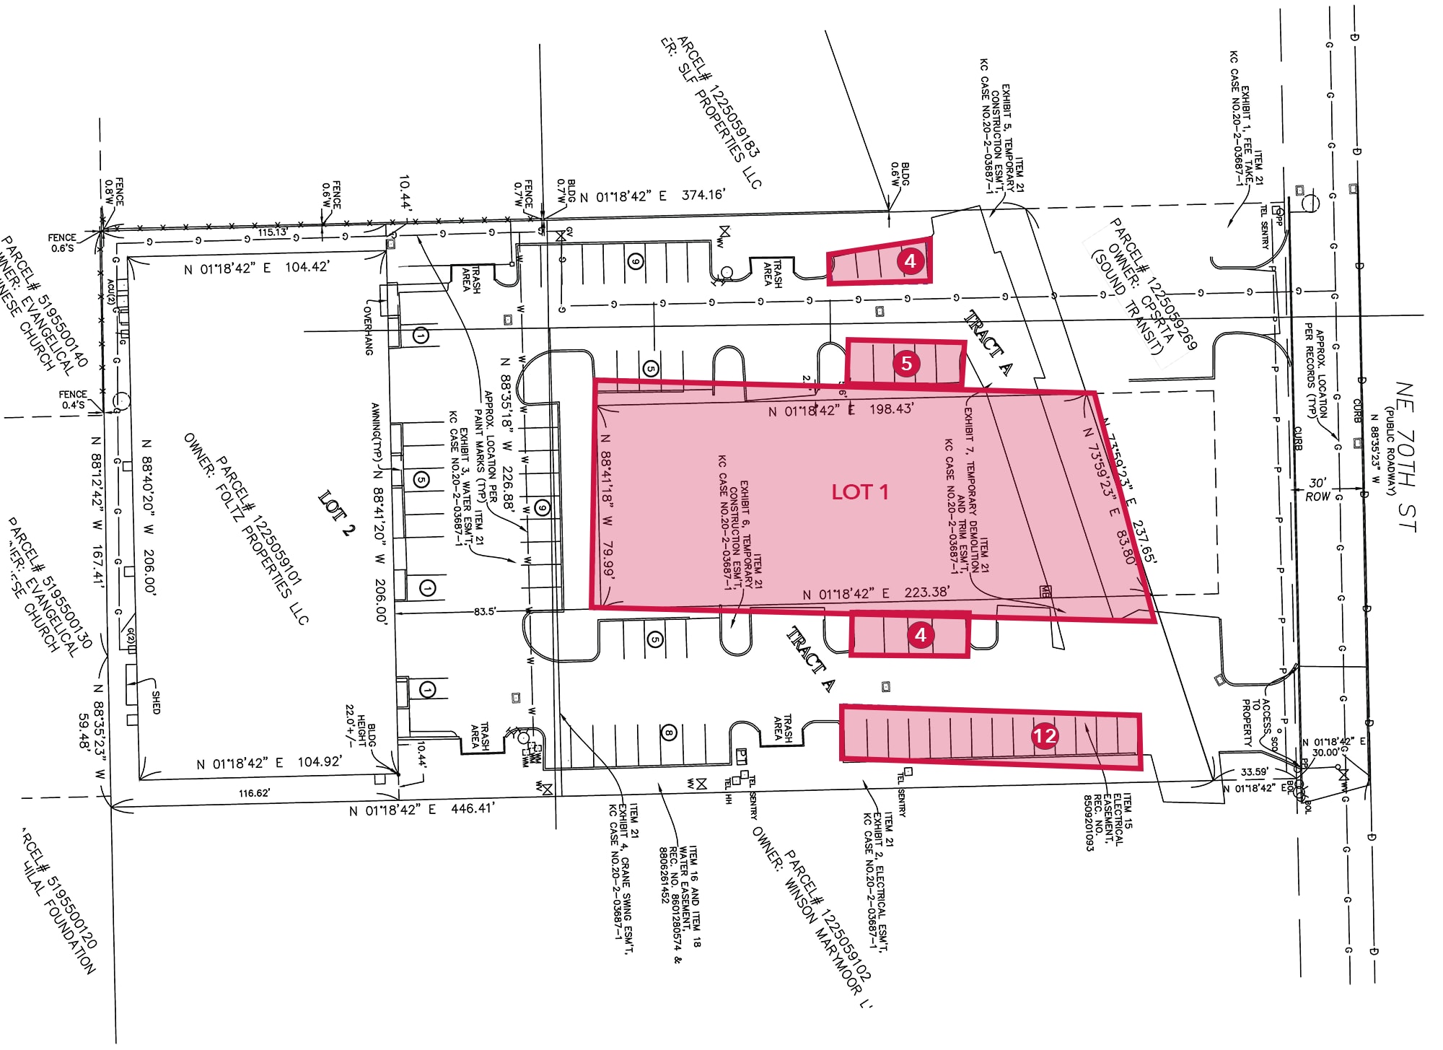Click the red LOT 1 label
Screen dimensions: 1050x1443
click(x=859, y=492)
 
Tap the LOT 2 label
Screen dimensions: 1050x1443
click(x=337, y=513)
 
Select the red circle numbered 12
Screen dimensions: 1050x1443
click(x=1045, y=735)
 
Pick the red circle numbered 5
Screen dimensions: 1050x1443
click(x=906, y=363)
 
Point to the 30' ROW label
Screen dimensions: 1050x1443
click(x=1317, y=489)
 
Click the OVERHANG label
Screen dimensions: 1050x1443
click(x=368, y=329)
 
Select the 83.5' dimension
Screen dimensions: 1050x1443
click(x=485, y=611)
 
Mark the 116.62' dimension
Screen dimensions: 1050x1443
click(x=254, y=793)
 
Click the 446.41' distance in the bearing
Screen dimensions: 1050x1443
click(x=473, y=808)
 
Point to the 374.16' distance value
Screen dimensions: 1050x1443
click(x=703, y=195)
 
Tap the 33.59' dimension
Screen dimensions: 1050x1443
click(x=1254, y=771)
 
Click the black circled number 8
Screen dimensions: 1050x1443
click(x=669, y=733)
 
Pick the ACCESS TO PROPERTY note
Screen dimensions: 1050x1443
click(x=1256, y=722)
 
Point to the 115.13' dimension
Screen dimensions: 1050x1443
click(x=272, y=232)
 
